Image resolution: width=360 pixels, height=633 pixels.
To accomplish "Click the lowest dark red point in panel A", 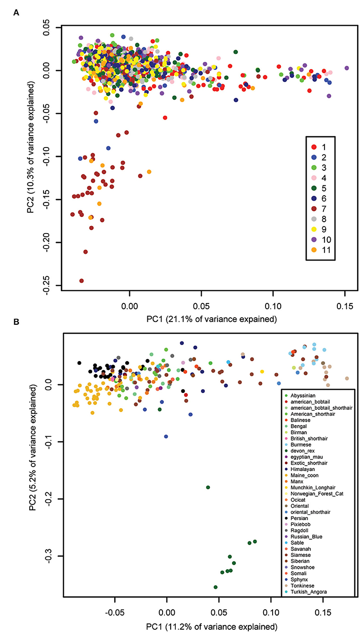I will (81, 281).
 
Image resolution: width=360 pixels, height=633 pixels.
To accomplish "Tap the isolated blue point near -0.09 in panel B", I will (166, 436).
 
